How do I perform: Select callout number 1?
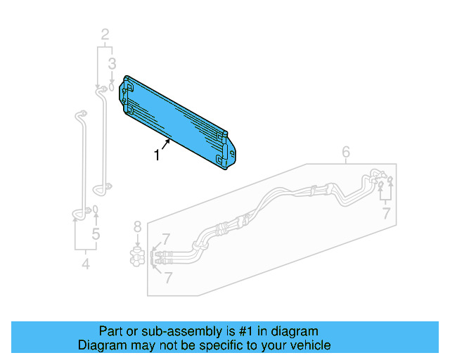(x=157, y=155)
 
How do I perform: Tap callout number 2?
(x=105, y=34)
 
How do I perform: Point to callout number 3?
(x=111, y=65)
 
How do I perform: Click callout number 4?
(x=86, y=265)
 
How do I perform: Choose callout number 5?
(x=96, y=235)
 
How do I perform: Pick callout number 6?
(x=345, y=152)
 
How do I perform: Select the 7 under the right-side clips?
(x=386, y=213)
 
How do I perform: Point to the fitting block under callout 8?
(x=139, y=257)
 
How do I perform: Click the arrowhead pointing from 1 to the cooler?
(x=169, y=142)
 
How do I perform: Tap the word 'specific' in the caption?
(x=217, y=345)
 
